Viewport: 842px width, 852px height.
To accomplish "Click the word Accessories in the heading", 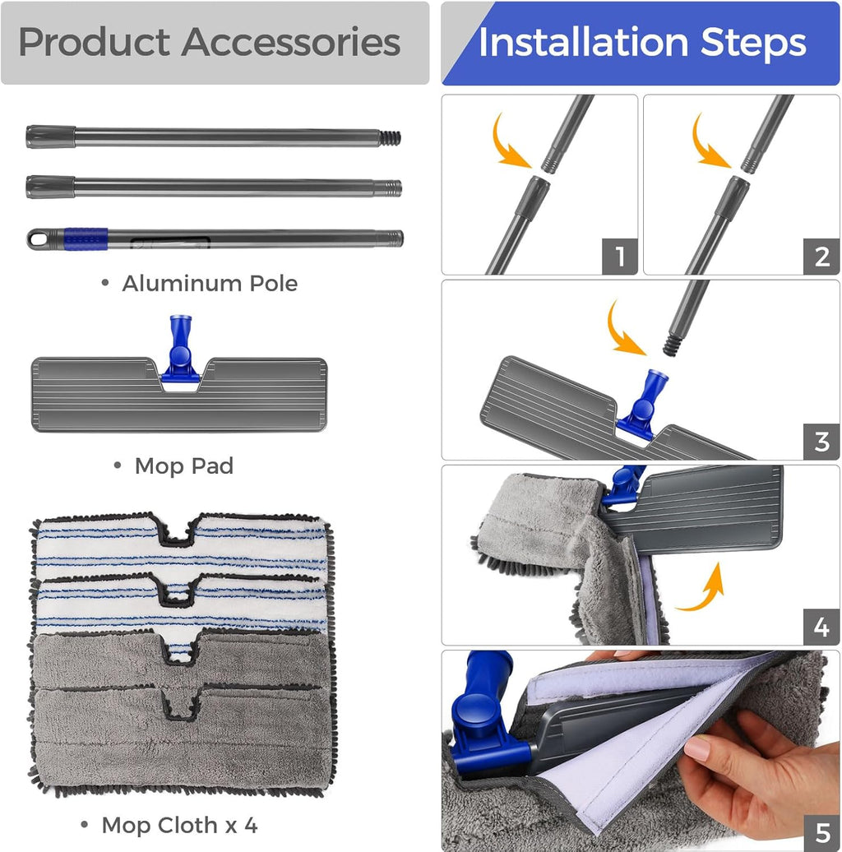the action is [291, 42].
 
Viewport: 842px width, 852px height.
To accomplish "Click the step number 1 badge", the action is [620, 257].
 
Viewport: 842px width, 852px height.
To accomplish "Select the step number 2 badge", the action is [821, 257].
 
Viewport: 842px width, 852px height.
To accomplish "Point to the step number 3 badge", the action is [821, 442].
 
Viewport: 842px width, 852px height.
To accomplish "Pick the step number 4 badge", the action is [821, 627].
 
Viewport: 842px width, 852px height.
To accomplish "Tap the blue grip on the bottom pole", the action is [86, 238].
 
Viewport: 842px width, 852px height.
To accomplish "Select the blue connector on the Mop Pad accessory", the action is [180, 348].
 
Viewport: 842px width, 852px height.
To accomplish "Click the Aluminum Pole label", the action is [210, 283].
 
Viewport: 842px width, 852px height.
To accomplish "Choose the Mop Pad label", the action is [184, 465].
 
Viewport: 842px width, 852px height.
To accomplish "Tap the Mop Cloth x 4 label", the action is [179, 826].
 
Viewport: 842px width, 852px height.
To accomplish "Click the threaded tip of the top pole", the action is [390, 138].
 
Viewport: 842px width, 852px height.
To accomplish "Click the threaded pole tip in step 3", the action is [672, 345].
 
